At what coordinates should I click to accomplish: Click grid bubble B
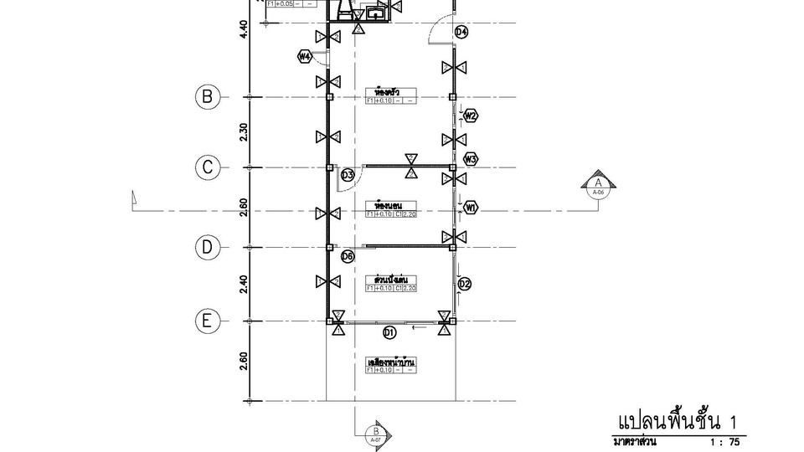click(x=208, y=97)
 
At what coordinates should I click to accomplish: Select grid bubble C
click(x=208, y=167)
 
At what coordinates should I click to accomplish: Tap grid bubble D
click(x=208, y=247)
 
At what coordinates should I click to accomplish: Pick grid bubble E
click(x=208, y=321)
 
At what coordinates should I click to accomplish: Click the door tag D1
click(x=389, y=333)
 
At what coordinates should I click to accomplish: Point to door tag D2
click(x=465, y=284)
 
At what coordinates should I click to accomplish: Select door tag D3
click(x=348, y=175)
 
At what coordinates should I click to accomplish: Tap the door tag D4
click(x=461, y=33)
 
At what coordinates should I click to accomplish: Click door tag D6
click(x=348, y=256)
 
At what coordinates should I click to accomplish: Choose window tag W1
click(x=471, y=207)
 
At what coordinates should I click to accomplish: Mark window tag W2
click(x=471, y=116)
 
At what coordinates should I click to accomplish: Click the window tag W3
click(x=471, y=158)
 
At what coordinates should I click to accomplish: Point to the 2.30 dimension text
click(x=243, y=132)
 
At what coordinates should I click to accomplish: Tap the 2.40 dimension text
click(x=243, y=284)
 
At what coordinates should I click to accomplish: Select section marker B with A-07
click(x=375, y=433)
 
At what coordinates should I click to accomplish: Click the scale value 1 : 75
click(x=724, y=441)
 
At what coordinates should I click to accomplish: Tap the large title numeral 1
click(x=734, y=420)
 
